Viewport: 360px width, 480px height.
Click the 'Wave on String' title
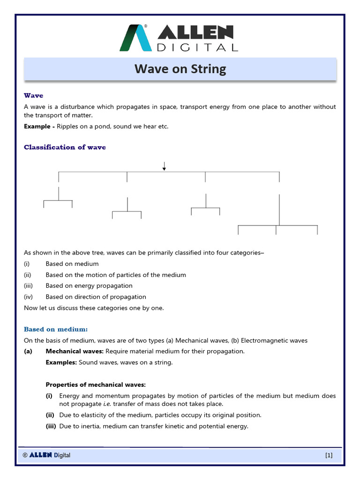(x=180, y=69)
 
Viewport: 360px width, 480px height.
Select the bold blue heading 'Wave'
(x=33, y=96)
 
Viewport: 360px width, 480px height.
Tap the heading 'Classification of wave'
(x=65, y=147)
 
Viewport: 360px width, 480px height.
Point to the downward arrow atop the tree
(x=164, y=166)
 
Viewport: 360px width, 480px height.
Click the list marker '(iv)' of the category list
(x=29, y=297)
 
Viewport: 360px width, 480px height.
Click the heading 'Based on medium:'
(x=56, y=330)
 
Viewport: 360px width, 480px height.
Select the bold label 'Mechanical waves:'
(x=75, y=351)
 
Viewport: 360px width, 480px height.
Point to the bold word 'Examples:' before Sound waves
(x=61, y=362)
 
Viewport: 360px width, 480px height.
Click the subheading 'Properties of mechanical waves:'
(x=96, y=385)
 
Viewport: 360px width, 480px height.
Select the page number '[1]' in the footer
(x=329, y=455)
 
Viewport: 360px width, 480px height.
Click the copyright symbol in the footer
(x=25, y=455)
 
